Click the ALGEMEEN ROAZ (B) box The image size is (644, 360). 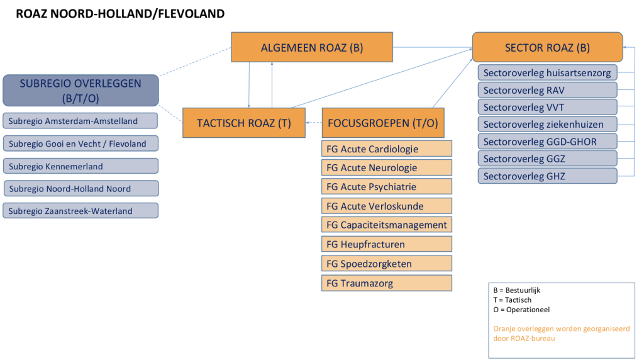(312, 47)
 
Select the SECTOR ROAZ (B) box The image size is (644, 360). (547, 47)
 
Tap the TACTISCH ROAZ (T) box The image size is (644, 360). (243, 123)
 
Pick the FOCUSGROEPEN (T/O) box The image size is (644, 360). (383, 123)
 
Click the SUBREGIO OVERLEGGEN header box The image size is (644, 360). (80, 90)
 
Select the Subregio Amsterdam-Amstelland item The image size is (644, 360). (80, 121)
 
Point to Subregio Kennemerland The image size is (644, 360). (80, 166)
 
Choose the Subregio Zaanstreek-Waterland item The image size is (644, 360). (80, 211)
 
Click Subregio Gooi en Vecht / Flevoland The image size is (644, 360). (80, 143)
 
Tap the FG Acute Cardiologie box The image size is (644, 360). (386, 149)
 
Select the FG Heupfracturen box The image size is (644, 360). (386, 244)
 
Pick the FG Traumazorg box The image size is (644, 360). (386, 283)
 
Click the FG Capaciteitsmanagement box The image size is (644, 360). (386, 225)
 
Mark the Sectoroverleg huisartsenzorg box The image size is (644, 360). (547, 73)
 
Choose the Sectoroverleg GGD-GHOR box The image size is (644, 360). (547, 142)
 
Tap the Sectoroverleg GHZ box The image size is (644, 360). (547, 176)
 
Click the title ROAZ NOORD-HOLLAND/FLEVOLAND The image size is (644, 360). (120, 13)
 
